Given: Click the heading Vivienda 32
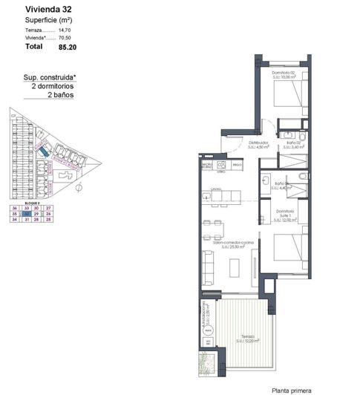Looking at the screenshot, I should [48, 10].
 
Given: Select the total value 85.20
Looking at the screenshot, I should [68, 46].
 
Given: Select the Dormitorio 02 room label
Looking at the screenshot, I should [282, 73].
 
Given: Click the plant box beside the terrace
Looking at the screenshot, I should [207, 365].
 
